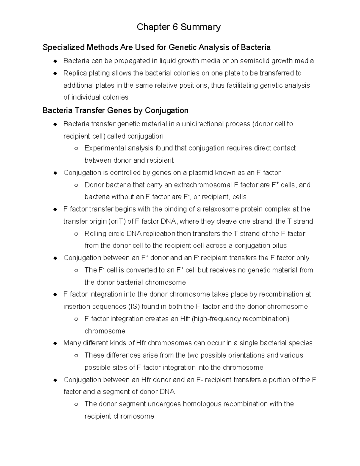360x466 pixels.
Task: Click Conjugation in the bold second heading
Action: coord(166,111)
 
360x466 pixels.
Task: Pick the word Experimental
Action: coord(105,148)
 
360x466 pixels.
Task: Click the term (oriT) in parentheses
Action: coord(117,221)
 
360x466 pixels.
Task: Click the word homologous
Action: coord(202,404)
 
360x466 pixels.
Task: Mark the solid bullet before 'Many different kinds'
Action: coord(55,343)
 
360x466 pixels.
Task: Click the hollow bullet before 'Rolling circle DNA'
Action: coord(76,234)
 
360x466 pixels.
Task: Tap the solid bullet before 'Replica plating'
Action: coord(55,74)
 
